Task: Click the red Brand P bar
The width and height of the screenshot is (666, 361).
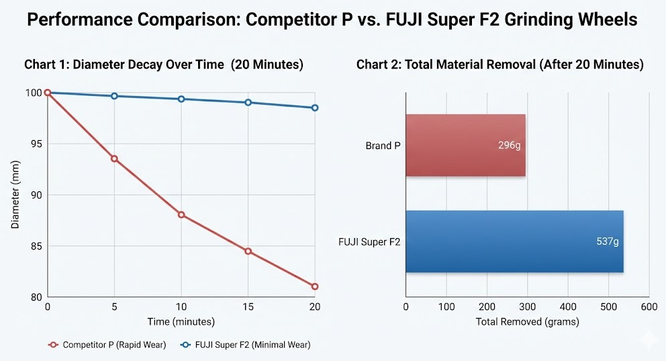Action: point(465,146)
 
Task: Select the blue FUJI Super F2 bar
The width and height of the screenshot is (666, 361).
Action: point(514,242)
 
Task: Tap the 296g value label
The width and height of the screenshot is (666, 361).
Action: point(509,146)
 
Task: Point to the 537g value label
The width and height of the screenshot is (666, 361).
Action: point(607,242)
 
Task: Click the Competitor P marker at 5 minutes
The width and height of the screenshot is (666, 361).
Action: point(114,159)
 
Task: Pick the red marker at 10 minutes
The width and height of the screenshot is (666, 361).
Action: point(181,215)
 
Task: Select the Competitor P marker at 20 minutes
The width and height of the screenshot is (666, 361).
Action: point(315,287)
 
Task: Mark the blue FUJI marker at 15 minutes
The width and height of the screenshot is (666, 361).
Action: point(248,103)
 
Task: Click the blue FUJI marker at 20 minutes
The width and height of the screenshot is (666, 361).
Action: point(315,108)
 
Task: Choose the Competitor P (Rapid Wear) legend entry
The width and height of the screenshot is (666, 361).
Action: point(107,345)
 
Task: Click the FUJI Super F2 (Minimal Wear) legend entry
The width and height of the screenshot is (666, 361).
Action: point(246,345)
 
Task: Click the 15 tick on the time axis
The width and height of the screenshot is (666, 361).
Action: point(248,307)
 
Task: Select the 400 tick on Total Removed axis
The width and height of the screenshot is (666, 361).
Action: point(568,307)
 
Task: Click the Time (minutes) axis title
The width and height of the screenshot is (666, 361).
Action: point(181,321)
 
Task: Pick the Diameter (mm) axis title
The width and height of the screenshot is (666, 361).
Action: point(15,195)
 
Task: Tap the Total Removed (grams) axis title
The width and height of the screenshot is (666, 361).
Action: point(527,321)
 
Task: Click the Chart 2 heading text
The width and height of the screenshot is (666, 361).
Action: point(499,64)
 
